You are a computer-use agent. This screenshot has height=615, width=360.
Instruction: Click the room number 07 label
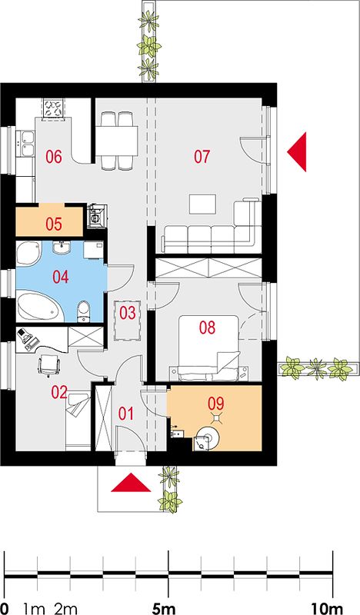202,157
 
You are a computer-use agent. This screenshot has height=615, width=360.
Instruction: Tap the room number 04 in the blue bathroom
61,277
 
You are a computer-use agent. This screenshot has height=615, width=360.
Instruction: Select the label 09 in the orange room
216,403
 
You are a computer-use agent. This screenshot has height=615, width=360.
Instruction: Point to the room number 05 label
54,224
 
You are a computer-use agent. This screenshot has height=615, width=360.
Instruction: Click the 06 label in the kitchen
54,157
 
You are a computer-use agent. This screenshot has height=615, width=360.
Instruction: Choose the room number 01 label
126,414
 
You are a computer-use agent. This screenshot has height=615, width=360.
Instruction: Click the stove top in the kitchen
53,108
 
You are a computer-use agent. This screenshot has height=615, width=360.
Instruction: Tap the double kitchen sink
25,144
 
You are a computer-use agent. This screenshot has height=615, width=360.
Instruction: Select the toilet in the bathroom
83,311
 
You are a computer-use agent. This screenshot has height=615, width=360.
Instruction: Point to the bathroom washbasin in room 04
62,248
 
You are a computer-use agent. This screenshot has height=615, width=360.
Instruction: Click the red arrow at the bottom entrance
131,483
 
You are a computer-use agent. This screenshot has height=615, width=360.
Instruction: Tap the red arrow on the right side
297,151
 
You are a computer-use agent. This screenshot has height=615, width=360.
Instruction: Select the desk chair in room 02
49,364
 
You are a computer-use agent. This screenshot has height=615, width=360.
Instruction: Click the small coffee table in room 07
202,204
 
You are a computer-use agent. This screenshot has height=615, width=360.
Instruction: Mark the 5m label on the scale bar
163,609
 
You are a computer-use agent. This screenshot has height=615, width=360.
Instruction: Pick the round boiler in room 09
208,437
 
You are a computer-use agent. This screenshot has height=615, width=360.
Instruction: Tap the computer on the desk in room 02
25,337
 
